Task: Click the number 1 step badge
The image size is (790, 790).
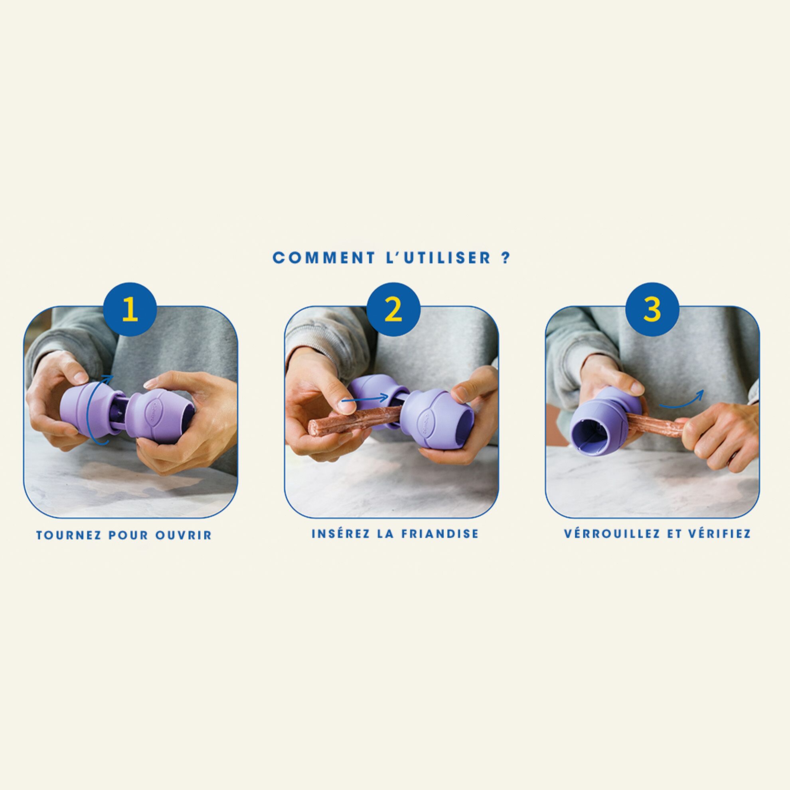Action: pos(130,309)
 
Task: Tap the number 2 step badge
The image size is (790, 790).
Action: pos(393,309)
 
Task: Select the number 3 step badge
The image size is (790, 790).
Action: pos(653,309)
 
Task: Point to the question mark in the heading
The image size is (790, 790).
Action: pos(506,258)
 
